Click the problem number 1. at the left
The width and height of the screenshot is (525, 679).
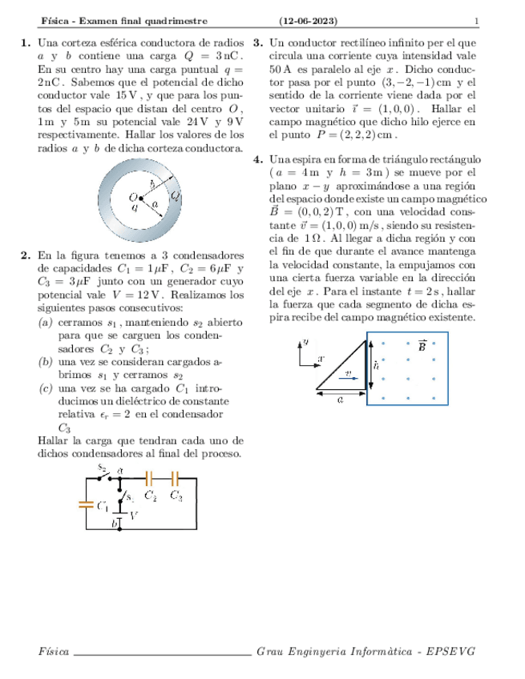click(25, 42)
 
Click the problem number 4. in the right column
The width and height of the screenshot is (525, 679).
click(258, 159)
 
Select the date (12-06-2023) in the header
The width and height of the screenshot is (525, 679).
click(308, 20)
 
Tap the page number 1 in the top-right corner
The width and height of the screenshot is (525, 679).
click(476, 20)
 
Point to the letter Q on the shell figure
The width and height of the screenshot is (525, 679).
click(175, 195)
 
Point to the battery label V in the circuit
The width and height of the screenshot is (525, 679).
click(134, 516)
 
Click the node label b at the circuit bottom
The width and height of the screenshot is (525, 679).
click(115, 522)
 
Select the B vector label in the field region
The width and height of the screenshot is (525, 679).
click(422, 346)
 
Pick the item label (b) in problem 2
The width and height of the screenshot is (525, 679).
click(46, 363)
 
